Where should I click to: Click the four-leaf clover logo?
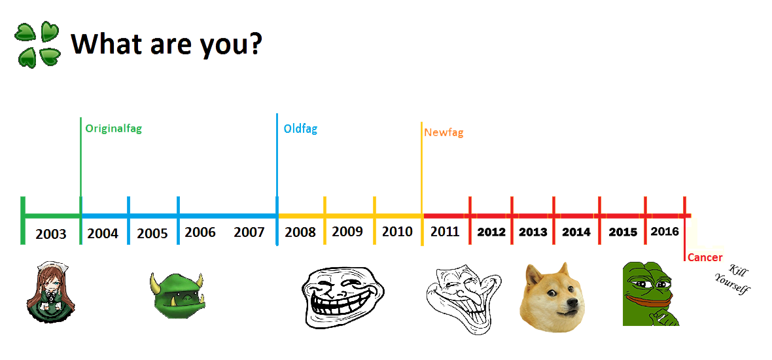tap(37, 45)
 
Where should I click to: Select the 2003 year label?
tap(51, 234)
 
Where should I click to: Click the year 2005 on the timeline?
tap(152, 233)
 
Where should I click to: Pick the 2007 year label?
tap(249, 232)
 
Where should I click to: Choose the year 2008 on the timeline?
tap(300, 232)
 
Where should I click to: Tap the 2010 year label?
tap(397, 232)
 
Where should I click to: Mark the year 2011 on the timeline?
tap(445, 232)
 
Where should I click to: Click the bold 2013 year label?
tap(533, 232)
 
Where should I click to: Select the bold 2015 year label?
tap(623, 232)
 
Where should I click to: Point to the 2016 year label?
tap(665, 232)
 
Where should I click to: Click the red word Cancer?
tap(705, 257)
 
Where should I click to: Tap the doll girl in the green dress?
tap(50, 293)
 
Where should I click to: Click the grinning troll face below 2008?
tap(343, 297)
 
